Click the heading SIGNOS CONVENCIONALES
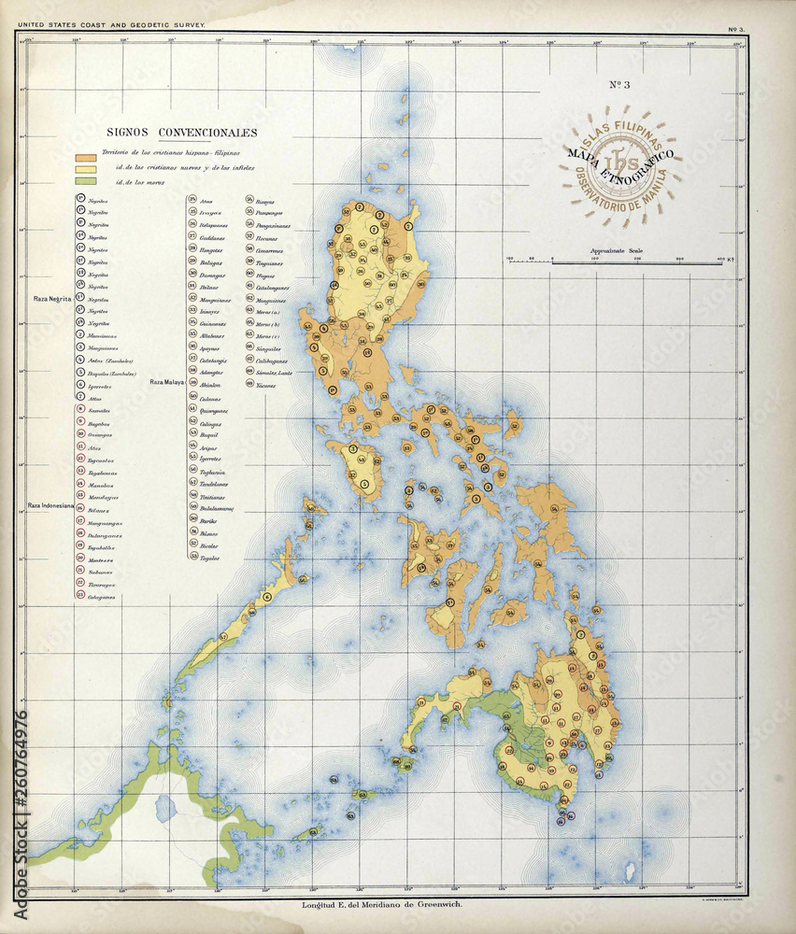click(x=181, y=133)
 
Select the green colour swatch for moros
click(x=86, y=181)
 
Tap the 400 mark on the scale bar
click(x=719, y=258)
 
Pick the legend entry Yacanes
click(x=267, y=385)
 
